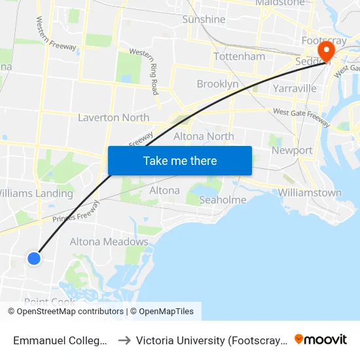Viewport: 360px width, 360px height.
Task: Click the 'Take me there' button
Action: tap(180, 160)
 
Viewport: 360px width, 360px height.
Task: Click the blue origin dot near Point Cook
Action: tap(34, 259)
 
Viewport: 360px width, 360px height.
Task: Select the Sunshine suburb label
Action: tap(204, 20)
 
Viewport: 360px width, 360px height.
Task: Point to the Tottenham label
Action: tap(239, 56)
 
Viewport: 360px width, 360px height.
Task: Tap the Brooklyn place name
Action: tap(217, 84)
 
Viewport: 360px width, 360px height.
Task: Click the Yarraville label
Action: tap(295, 88)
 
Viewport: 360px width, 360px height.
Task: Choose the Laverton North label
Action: tap(113, 118)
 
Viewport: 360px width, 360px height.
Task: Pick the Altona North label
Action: tap(204, 136)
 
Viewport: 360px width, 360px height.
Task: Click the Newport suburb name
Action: tap(292, 150)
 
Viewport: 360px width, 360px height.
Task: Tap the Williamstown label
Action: tap(310, 192)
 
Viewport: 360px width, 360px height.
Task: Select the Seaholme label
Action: tap(223, 200)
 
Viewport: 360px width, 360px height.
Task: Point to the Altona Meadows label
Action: tap(109, 242)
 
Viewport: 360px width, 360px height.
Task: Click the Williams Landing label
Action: tap(36, 193)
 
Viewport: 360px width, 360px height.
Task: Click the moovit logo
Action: tap(321, 340)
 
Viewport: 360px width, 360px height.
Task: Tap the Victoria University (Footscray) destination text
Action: tap(211, 340)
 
